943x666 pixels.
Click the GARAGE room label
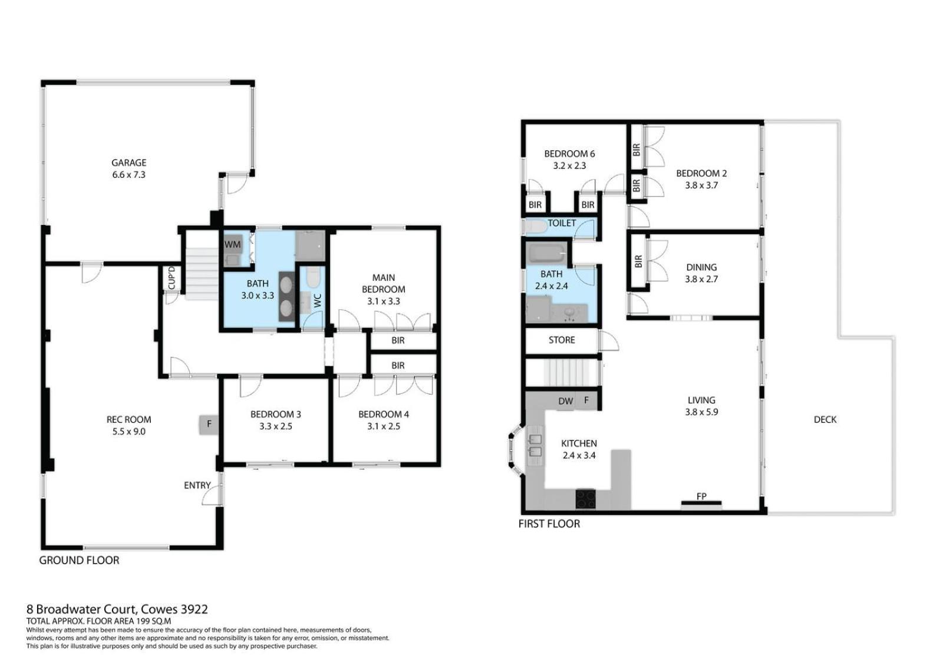[x=129, y=163]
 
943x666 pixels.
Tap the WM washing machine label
[x=232, y=245]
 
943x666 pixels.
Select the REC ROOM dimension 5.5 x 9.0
[x=129, y=431]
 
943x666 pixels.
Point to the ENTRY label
[x=197, y=485]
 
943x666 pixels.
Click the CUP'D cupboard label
[x=172, y=278]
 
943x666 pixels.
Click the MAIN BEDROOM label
[x=384, y=283]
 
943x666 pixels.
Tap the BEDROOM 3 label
[x=276, y=415]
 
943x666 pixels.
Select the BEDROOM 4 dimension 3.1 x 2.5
[x=384, y=426]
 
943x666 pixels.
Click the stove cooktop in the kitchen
[x=586, y=499]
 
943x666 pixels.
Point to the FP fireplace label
[x=701, y=496]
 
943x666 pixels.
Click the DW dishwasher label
[x=565, y=402]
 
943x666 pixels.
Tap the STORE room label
[x=562, y=340]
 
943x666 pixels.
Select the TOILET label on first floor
[x=562, y=223]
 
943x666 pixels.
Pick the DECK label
[x=825, y=419]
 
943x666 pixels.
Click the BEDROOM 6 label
[x=569, y=154]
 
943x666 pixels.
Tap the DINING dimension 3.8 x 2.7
[x=701, y=279]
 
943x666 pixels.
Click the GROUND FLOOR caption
[x=79, y=560]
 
